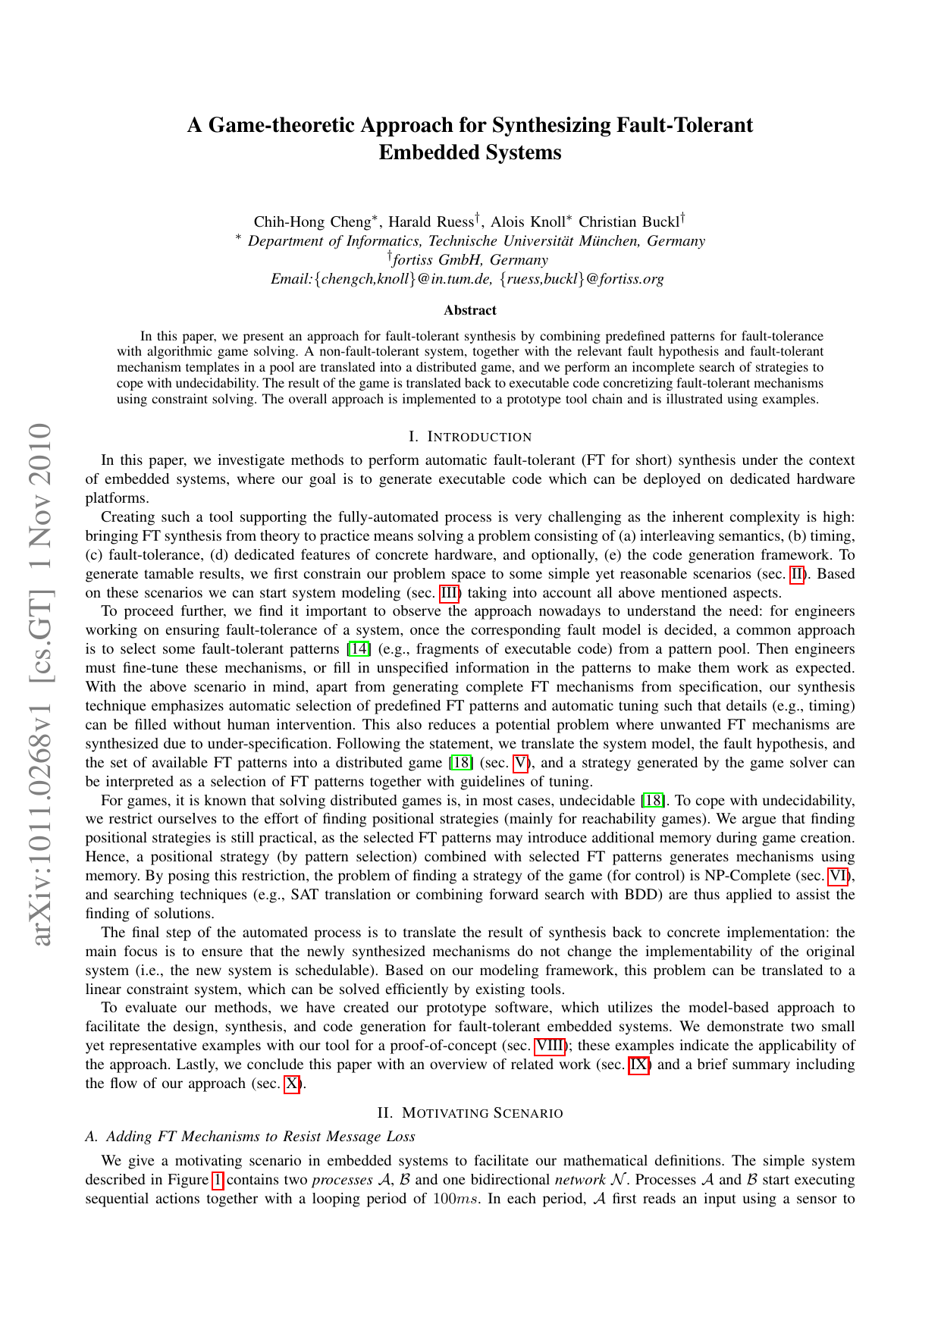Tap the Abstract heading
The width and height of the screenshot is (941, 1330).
[470, 310]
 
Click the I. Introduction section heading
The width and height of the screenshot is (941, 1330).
[470, 437]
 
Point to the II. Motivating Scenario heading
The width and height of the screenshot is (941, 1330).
[470, 1113]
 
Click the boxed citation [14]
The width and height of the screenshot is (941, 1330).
[359, 649]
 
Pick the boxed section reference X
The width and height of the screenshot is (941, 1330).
[292, 1084]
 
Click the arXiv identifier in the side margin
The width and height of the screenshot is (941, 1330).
[39, 682]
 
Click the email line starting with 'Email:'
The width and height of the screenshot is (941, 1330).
[468, 279]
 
